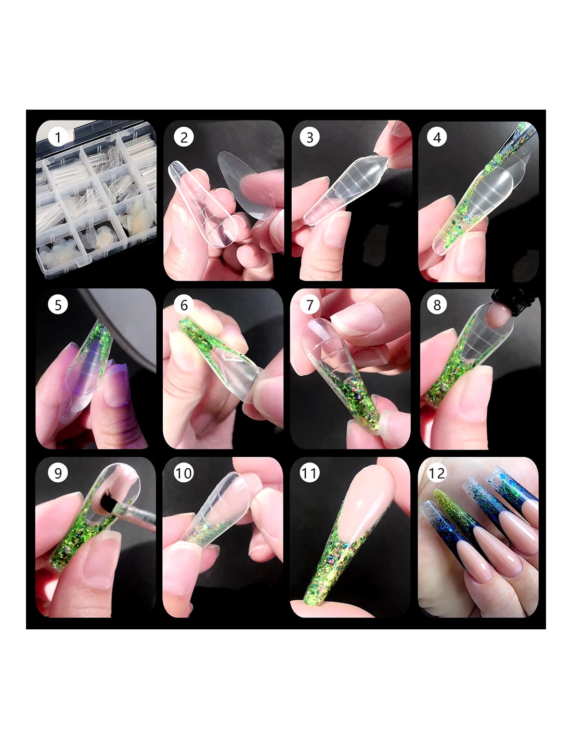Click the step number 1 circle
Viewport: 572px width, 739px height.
(x=58, y=137)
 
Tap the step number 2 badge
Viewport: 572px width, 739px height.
(x=184, y=137)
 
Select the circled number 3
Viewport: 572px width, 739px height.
(x=309, y=137)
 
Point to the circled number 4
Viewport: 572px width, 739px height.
(x=437, y=137)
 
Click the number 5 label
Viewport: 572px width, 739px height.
(x=58, y=305)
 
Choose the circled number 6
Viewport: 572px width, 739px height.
(x=184, y=305)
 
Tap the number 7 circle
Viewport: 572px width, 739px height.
(x=309, y=305)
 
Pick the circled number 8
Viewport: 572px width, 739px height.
(x=437, y=305)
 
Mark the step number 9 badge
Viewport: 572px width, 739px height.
(x=58, y=472)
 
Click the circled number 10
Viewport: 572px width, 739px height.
(x=184, y=472)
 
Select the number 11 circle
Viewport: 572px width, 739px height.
(x=309, y=472)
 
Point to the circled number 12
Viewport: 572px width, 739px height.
(x=437, y=472)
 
